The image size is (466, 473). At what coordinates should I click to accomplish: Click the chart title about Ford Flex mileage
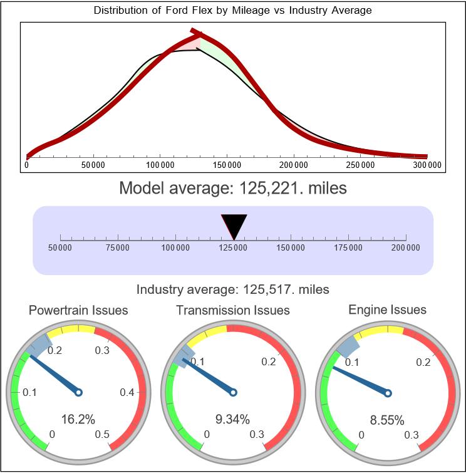(232, 11)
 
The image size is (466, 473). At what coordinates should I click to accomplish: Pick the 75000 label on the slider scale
(118, 248)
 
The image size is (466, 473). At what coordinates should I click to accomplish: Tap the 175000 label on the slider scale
(348, 248)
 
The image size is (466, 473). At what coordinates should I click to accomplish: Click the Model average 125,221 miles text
(232, 188)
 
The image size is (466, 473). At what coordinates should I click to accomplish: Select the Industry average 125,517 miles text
(232, 289)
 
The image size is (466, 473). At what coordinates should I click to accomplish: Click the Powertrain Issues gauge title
(78, 310)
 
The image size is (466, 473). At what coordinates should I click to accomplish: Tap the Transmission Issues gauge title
(233, 310)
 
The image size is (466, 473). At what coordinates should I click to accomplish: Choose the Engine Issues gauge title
(387, 309)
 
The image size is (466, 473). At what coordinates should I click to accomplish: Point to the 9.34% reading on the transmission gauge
(233, 419)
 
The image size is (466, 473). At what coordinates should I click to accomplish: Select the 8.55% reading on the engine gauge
(387, 420)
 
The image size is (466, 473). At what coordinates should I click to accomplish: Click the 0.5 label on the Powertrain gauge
(103, 435)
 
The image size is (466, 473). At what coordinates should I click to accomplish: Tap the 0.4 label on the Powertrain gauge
(127, 393)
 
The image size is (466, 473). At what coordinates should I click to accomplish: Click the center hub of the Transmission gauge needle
(233, 393)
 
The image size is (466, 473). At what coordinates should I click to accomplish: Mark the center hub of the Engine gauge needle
(387, 393)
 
